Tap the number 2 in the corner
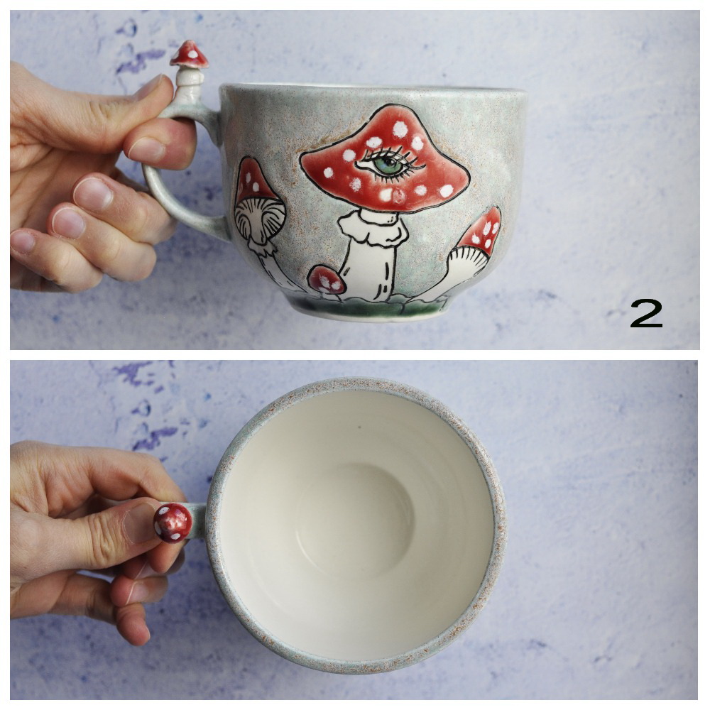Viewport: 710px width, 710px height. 646,313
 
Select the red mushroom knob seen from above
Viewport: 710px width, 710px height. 173,522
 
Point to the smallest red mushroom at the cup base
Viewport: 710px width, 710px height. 327,280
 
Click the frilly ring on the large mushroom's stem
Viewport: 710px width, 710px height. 372,227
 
